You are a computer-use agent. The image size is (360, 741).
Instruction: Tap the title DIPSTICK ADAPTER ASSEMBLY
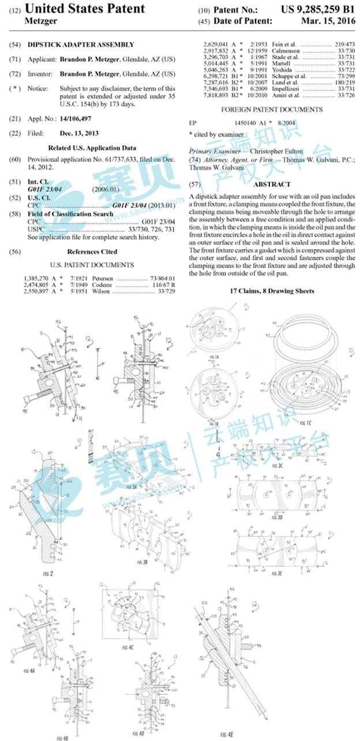click(81, 44)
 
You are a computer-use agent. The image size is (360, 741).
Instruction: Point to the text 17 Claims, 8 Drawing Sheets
click(271, 291)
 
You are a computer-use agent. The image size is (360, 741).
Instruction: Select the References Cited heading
click(92, 251)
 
